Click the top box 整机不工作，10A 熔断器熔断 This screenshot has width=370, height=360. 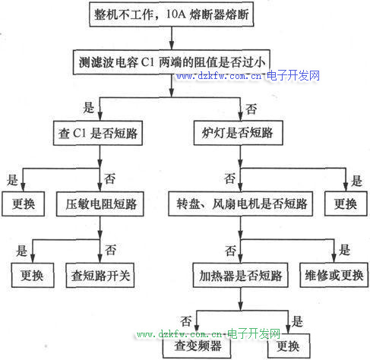click(172, 14)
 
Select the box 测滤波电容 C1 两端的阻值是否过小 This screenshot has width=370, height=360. click(172, 62)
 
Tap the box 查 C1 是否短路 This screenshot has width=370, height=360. click(98, 133)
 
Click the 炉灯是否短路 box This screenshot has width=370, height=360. click(238, 133)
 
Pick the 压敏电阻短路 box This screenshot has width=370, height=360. click(100, 204)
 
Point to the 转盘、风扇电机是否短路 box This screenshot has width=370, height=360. click(240, 204)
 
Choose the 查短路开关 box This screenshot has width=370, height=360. click(100, 275)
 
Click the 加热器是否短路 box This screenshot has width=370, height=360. click(240, 275)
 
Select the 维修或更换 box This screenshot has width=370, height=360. click(334, 275)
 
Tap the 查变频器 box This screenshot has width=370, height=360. click(197, 346)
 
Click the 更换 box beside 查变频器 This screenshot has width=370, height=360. click(289, 346)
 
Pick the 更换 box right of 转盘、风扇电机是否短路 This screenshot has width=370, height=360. click(346, 204)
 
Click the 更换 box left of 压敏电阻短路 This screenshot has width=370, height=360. click(24, 204)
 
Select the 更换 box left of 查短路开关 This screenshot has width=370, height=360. click(33, 275)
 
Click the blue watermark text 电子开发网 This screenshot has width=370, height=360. click(293, 76)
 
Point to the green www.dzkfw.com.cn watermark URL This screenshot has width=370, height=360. click(179, 334)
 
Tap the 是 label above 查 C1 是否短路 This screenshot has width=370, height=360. click(89, 108)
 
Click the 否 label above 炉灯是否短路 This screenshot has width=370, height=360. click(251, 109)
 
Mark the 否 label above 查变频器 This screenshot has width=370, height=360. click(186, 321)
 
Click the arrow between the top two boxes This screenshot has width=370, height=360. click(172, 38)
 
